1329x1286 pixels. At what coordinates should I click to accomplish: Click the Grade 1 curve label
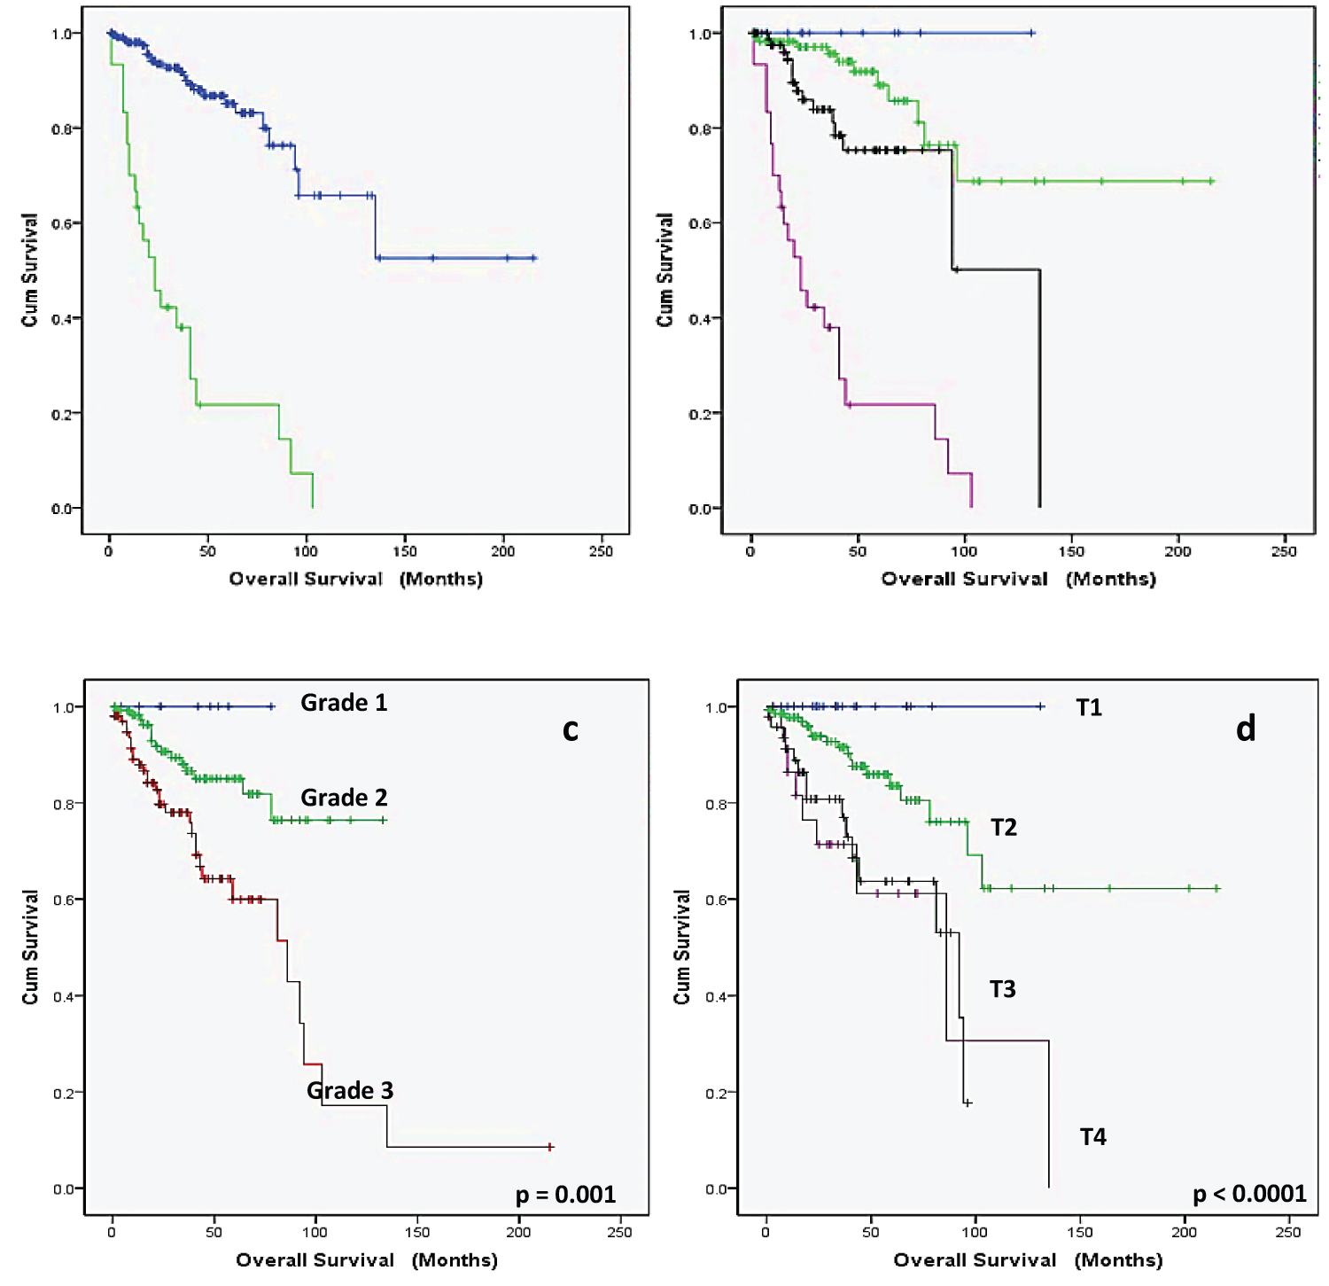tap(344, 703)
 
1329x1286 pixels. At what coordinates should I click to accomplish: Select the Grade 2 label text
tap(344, 798)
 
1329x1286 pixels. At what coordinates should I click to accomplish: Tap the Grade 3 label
tap(350, 1090)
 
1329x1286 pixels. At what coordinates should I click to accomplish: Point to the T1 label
tap(1089, 707)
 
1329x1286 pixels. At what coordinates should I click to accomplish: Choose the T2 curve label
tap(1003, 828)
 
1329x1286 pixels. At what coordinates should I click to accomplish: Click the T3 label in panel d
tap(1002, 989)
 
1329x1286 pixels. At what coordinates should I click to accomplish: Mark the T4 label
tap(1092, 1137)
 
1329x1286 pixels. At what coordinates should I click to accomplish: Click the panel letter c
tap(571, 729)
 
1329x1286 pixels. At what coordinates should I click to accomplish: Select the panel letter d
tap(1246, 729)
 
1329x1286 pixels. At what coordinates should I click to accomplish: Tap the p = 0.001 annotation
tap(565, 1195)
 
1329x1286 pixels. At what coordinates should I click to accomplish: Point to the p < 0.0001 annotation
tap(1249, 1194)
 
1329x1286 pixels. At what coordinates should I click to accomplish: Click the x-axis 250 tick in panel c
tap(619, 1232)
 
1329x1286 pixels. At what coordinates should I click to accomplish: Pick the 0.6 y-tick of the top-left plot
tap(64, 223)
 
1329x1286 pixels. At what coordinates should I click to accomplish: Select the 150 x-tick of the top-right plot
tap(1070, 551)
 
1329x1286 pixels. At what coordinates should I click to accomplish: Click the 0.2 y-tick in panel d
tap(717, 1093)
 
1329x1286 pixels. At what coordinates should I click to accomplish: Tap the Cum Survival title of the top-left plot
tap(30, 270)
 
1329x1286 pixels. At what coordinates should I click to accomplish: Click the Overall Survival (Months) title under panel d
tap(1028, 1260)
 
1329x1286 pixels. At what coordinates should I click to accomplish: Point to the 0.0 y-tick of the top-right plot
tap(701, 509)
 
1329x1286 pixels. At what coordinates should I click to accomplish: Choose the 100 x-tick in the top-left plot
tap(306, 551)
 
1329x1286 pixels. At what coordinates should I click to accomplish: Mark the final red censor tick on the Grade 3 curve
tap(550, 1147)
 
